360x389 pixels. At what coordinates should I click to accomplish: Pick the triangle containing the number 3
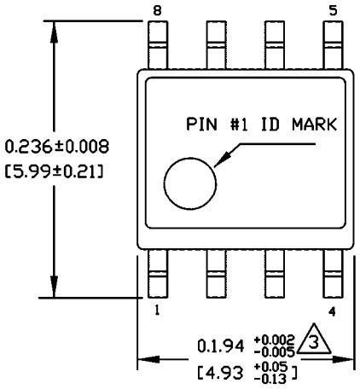[x=312, y=343]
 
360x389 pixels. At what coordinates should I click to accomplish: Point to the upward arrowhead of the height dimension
[x=55, y=26]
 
